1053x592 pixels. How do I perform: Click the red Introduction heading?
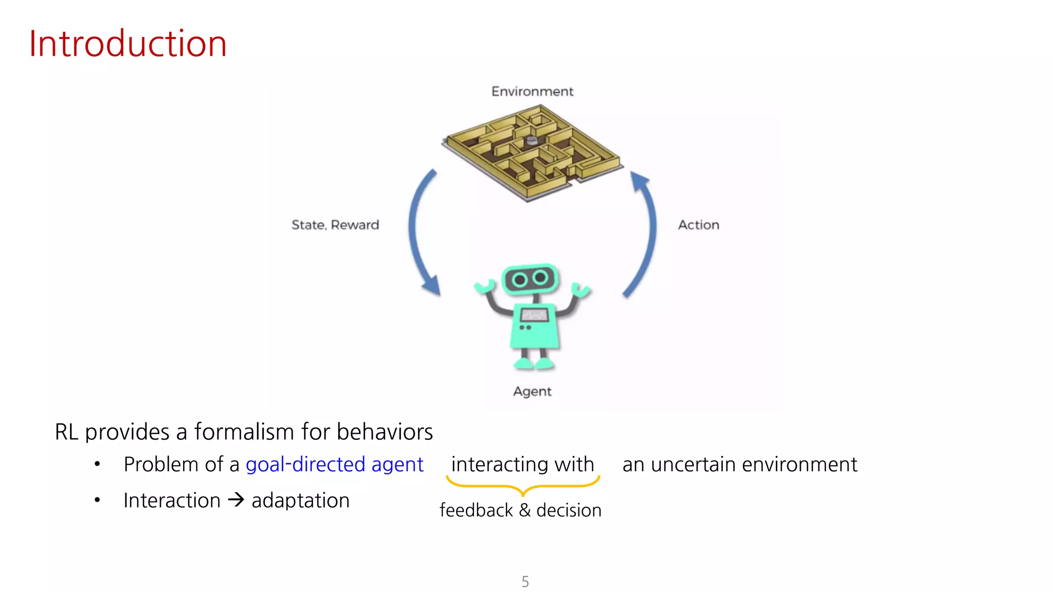click(x=128, y=44)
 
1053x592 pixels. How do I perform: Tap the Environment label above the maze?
click(x=532, y=91)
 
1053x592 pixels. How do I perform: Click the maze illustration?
click(x=533, y=152)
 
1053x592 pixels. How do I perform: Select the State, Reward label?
click(x=335, y=225)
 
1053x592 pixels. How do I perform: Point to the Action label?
click(x=698, y=225)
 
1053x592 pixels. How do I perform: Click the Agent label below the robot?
click(x=532, y=392)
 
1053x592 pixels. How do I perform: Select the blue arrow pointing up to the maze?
click(x=645, y=231)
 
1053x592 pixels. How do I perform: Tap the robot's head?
click(x=531, y=279)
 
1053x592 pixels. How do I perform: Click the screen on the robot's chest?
click(x=535, y=314)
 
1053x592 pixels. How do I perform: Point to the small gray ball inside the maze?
click(x=532, y=140)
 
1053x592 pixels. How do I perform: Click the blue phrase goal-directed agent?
click(x=335, y=465)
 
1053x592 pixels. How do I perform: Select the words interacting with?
click(x=522, y=465)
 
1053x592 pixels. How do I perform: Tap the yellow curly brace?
click(x=523, y=486)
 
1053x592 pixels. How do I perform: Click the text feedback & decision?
click(x=520, y=510)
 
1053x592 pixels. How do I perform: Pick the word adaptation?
click(x=300, y=501)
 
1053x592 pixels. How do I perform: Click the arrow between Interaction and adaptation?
click(x=236, y=499)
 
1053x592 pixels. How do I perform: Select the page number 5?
click(x=525, y=582)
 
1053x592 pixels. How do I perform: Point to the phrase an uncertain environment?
click(x=739, y=465)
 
